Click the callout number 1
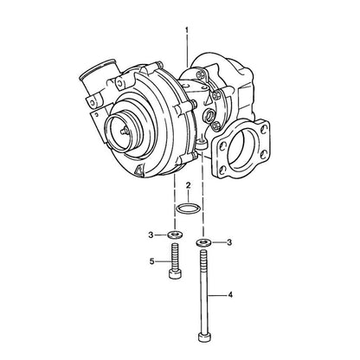[187, 30]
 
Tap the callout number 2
[188, 185]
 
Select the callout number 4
[230, 295]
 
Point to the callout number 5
[152, 261]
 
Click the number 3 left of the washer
[151, 235]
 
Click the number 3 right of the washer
[229, 242]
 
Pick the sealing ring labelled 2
[188, 209]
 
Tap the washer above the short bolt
[174, 234]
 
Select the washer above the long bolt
[203, 242]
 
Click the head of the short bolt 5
[175, 274]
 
